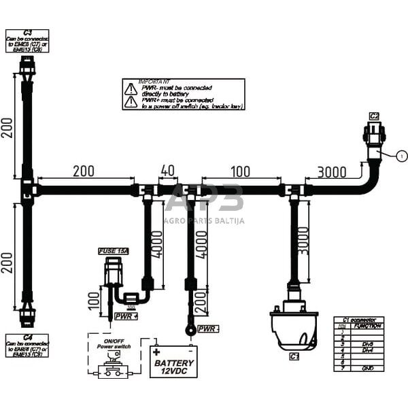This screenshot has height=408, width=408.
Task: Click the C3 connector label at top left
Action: tap(27, 32)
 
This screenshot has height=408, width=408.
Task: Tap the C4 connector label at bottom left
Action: tap(28, 337)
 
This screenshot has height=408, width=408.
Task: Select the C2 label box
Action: tap(374, 116)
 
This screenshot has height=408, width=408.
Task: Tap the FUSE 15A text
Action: tap(113, 252)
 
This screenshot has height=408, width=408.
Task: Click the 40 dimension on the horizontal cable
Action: tap(169, 171)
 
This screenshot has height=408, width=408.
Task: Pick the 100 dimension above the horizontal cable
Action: tap(240, 171)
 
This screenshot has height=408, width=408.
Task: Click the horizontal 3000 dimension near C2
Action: tap(331, 172)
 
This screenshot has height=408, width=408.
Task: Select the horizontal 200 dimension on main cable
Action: tap(84, 171)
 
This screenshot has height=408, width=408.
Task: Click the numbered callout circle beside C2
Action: tap(401, 156)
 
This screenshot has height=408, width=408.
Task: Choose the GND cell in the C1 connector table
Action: tap(367, 368)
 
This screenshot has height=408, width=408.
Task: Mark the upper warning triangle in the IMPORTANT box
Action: tap(130, 88)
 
